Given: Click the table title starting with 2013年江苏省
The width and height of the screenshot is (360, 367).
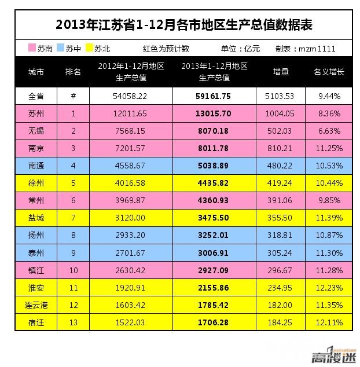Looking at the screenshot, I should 183,25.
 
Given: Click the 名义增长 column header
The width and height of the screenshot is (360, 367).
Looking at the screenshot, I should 329,72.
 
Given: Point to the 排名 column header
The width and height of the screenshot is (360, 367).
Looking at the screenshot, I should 74,72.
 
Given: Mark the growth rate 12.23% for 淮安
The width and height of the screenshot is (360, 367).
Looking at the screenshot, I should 329,287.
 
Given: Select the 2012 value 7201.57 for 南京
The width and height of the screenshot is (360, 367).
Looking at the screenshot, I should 131,148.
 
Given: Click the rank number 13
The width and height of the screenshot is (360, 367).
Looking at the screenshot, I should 74,322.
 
